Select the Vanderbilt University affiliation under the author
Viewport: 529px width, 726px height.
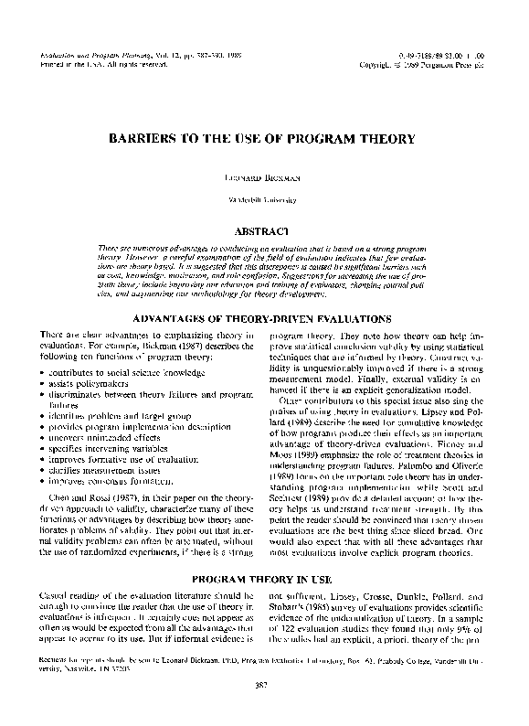click(263, 198)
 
